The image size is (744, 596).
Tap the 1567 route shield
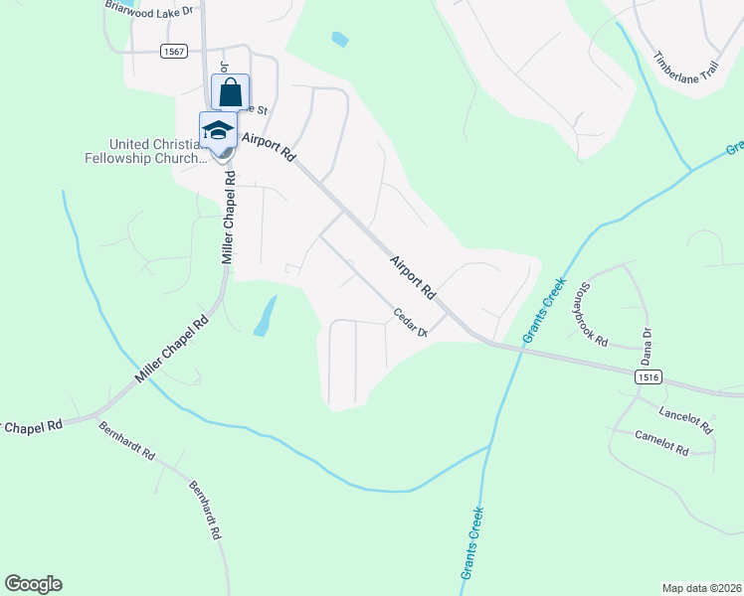[x=172, y=52]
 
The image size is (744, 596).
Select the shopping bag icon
[x=230, y=93]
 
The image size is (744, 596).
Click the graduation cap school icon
[x=218, y=130]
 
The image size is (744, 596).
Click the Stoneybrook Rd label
[x=588, y=311]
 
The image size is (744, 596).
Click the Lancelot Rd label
[x=687, y=420]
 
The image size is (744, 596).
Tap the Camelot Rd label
[x=661, y=444]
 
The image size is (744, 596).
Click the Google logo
[x=33, y=584]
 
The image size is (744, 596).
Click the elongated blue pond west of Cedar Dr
[x=265, y=316]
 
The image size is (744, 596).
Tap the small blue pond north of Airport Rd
[x=340, y=40]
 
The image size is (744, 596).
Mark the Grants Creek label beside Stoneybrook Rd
[x=544, y=314]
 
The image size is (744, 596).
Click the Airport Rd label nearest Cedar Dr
[x=414, y=279]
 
